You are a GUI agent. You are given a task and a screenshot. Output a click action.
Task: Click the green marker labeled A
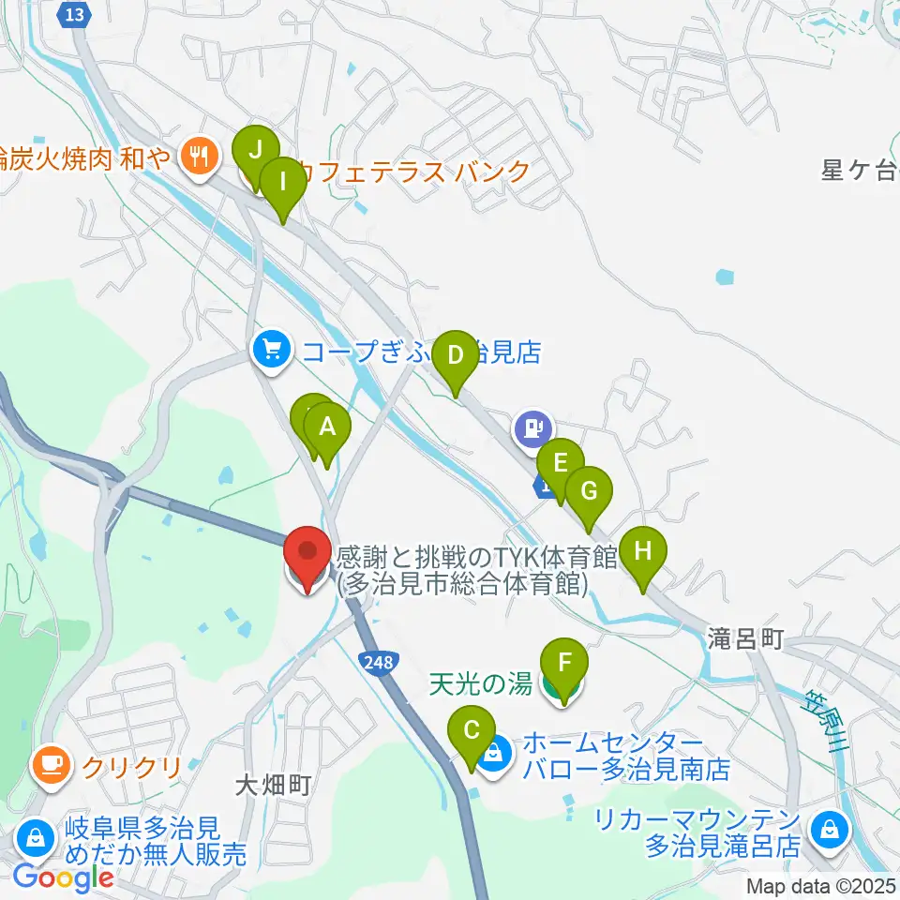click(327, 428)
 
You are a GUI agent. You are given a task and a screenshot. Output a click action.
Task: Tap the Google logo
click(64, 878)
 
